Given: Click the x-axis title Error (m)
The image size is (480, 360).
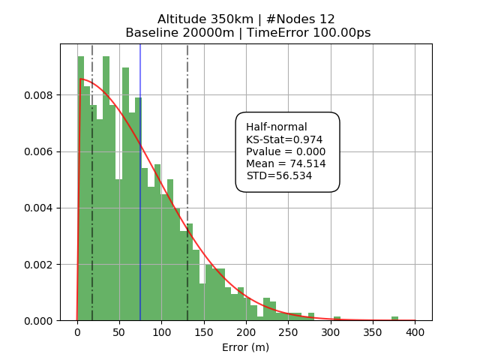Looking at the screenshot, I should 245,347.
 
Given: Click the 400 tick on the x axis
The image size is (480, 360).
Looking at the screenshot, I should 415,332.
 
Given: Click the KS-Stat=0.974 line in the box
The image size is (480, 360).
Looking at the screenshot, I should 284,139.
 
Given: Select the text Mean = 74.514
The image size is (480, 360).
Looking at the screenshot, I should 286,163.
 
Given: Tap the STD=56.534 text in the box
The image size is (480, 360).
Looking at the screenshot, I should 279,175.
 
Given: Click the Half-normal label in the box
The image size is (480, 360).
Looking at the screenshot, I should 277,127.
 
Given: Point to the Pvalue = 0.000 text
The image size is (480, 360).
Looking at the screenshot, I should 286,151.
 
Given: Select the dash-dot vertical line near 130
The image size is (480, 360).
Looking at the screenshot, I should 187,150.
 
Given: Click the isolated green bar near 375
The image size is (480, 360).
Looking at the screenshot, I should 394,318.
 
